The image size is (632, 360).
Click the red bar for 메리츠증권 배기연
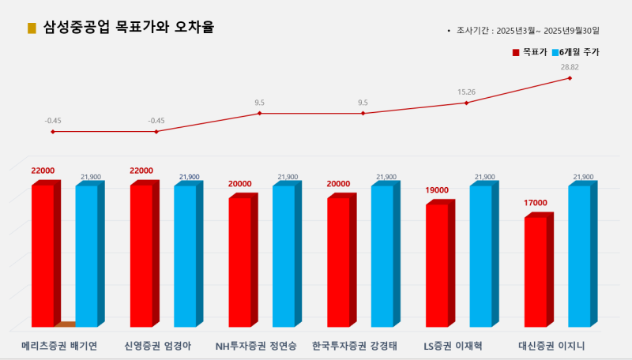[43, 256]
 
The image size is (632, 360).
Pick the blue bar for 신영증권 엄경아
[185, 256]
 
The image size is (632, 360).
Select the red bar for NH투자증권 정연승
[239, 262]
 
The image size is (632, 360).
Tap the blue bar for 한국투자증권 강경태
[382, 256]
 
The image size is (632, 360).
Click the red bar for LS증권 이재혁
[437, 265]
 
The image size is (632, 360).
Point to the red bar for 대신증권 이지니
[535, 272]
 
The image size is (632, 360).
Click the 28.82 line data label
[570, 67]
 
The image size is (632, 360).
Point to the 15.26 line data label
[466, 92]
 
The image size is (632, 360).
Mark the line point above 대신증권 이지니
[570, 77]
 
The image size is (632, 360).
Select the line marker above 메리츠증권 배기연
[53, 131]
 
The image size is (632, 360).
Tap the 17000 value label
[535, 203]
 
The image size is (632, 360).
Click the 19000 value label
[437, 190]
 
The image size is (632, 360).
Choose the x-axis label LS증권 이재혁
[453, 346]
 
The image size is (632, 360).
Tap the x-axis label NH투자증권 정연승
[256, 346]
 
